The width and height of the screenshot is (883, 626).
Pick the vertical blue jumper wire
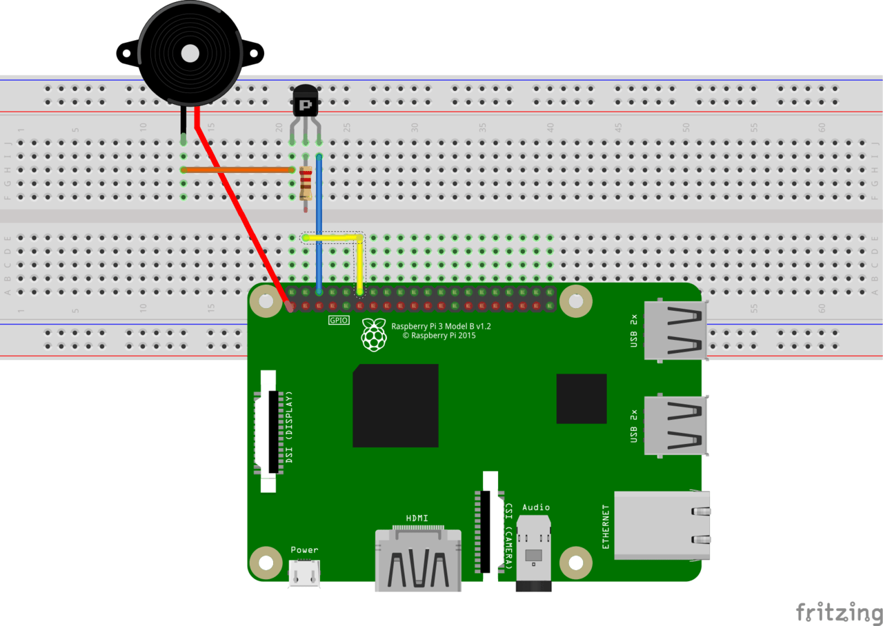click(x=319, y=221)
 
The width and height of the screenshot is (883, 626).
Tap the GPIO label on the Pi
click(x=338, y=321)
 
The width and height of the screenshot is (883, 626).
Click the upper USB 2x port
click(x=675, y=331)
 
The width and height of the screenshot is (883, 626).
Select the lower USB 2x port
click(x=675, y=425)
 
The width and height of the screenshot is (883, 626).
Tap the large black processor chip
click(x=395, y=405)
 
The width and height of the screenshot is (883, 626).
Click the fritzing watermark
click(x=838, y=612)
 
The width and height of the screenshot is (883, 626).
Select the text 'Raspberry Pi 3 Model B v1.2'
click(x=441, y=326)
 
